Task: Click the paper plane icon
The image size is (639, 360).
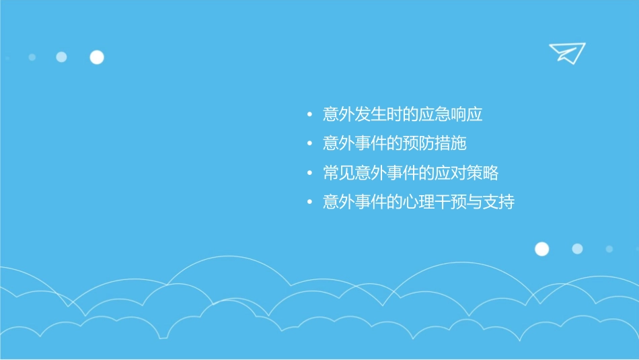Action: point(566,53)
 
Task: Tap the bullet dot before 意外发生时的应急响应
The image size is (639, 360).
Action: point(309,115)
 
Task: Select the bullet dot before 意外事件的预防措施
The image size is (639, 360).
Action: point(309,144)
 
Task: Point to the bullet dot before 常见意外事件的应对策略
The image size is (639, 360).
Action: point(309,173)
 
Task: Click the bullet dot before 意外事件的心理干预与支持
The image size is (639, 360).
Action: point(309,202)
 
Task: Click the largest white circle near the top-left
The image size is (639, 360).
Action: point(97,57)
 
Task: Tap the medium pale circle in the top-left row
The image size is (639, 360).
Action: point(61,57)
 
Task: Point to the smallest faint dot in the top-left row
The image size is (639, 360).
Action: point(32,57)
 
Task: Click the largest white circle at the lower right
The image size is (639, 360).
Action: point(541,249)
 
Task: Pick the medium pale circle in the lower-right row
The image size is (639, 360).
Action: point(577,249)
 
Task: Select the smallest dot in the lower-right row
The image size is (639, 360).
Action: point(609,249)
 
